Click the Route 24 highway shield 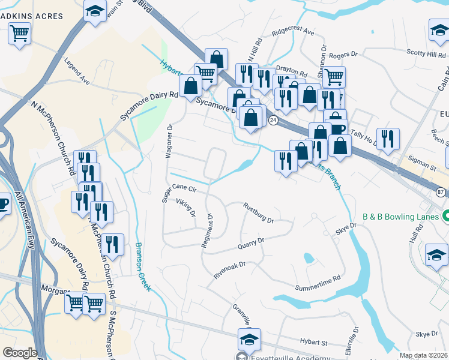273,120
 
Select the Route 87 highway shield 441,191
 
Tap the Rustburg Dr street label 258,213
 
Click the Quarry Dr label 251,244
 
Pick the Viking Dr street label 187,208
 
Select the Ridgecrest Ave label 293,31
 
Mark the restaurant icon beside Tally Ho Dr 388,139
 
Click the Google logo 20,353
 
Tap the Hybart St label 313,343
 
